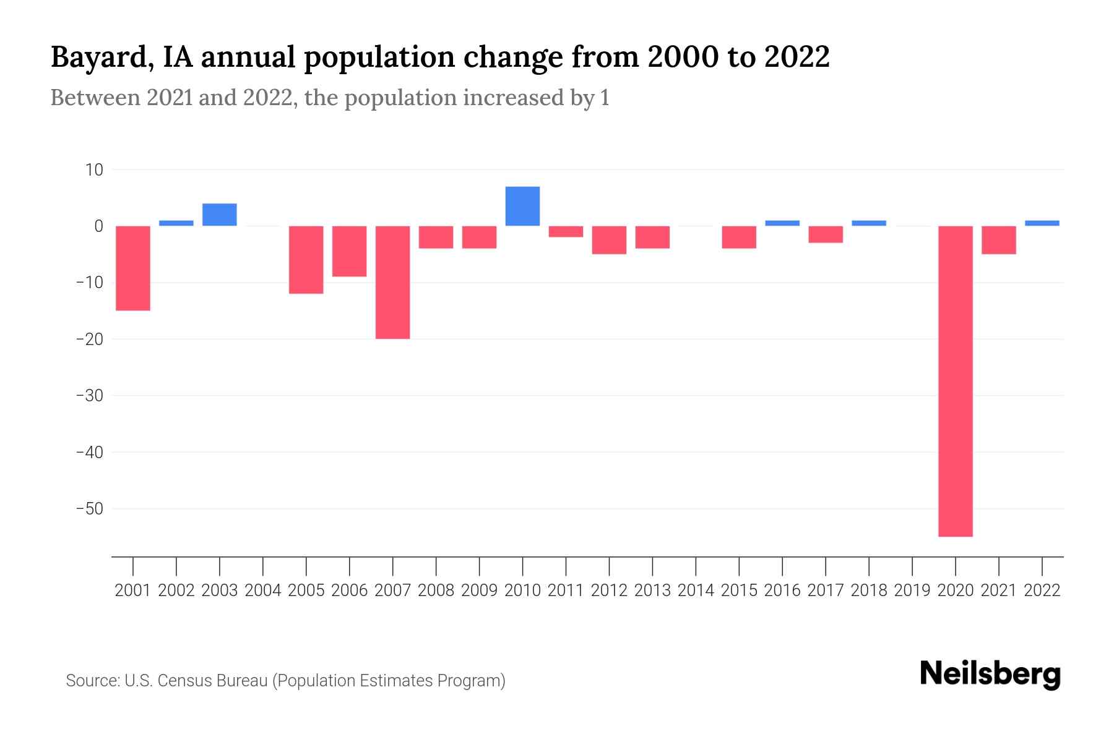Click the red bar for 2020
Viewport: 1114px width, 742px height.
955,381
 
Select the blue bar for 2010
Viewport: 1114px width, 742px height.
522,206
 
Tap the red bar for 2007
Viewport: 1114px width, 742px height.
392,282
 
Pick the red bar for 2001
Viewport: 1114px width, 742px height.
133,268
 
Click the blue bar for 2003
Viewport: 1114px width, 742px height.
220,215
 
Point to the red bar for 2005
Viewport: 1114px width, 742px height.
306,260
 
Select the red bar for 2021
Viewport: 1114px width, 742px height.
998,240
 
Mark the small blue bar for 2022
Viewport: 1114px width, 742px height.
1042,223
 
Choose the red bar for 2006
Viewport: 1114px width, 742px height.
349,251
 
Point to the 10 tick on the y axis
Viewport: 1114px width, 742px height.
94,170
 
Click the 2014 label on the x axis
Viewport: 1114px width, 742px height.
696,591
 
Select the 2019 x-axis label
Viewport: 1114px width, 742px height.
912,591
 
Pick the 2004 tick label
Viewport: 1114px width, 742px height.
263,591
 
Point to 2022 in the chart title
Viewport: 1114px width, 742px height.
797,57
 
